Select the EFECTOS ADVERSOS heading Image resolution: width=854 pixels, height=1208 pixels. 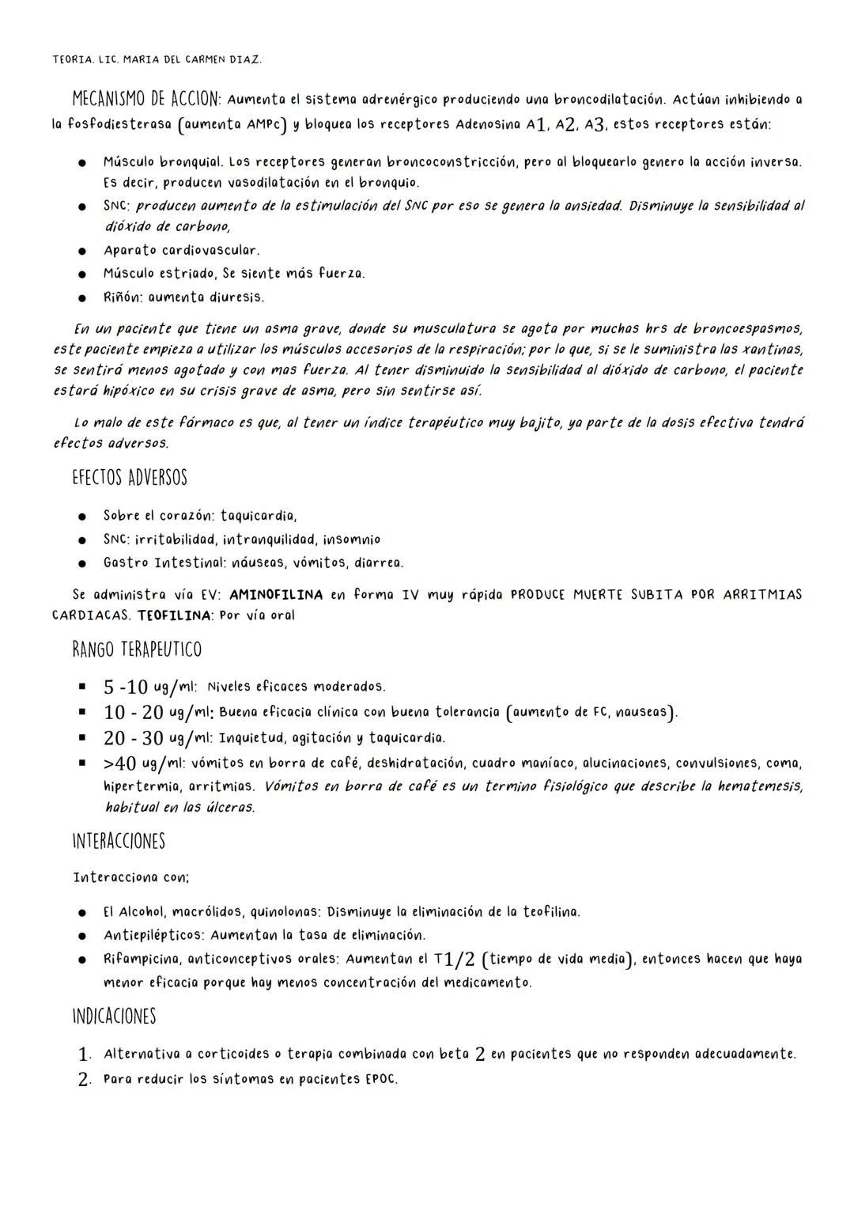point(129,478)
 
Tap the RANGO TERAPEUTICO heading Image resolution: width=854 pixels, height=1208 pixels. point(136,649)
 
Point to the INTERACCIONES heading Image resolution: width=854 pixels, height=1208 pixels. point(118,840)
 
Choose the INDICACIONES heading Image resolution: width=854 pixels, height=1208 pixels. point(114,1016)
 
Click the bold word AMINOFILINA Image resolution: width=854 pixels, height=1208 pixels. point(275,594)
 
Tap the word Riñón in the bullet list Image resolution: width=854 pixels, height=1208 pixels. point(122,297)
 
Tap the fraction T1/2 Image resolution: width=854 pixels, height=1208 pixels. point(456,959)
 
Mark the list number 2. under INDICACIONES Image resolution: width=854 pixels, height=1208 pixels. point(85,1080)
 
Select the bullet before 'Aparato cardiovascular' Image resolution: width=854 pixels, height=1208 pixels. point(81,251)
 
